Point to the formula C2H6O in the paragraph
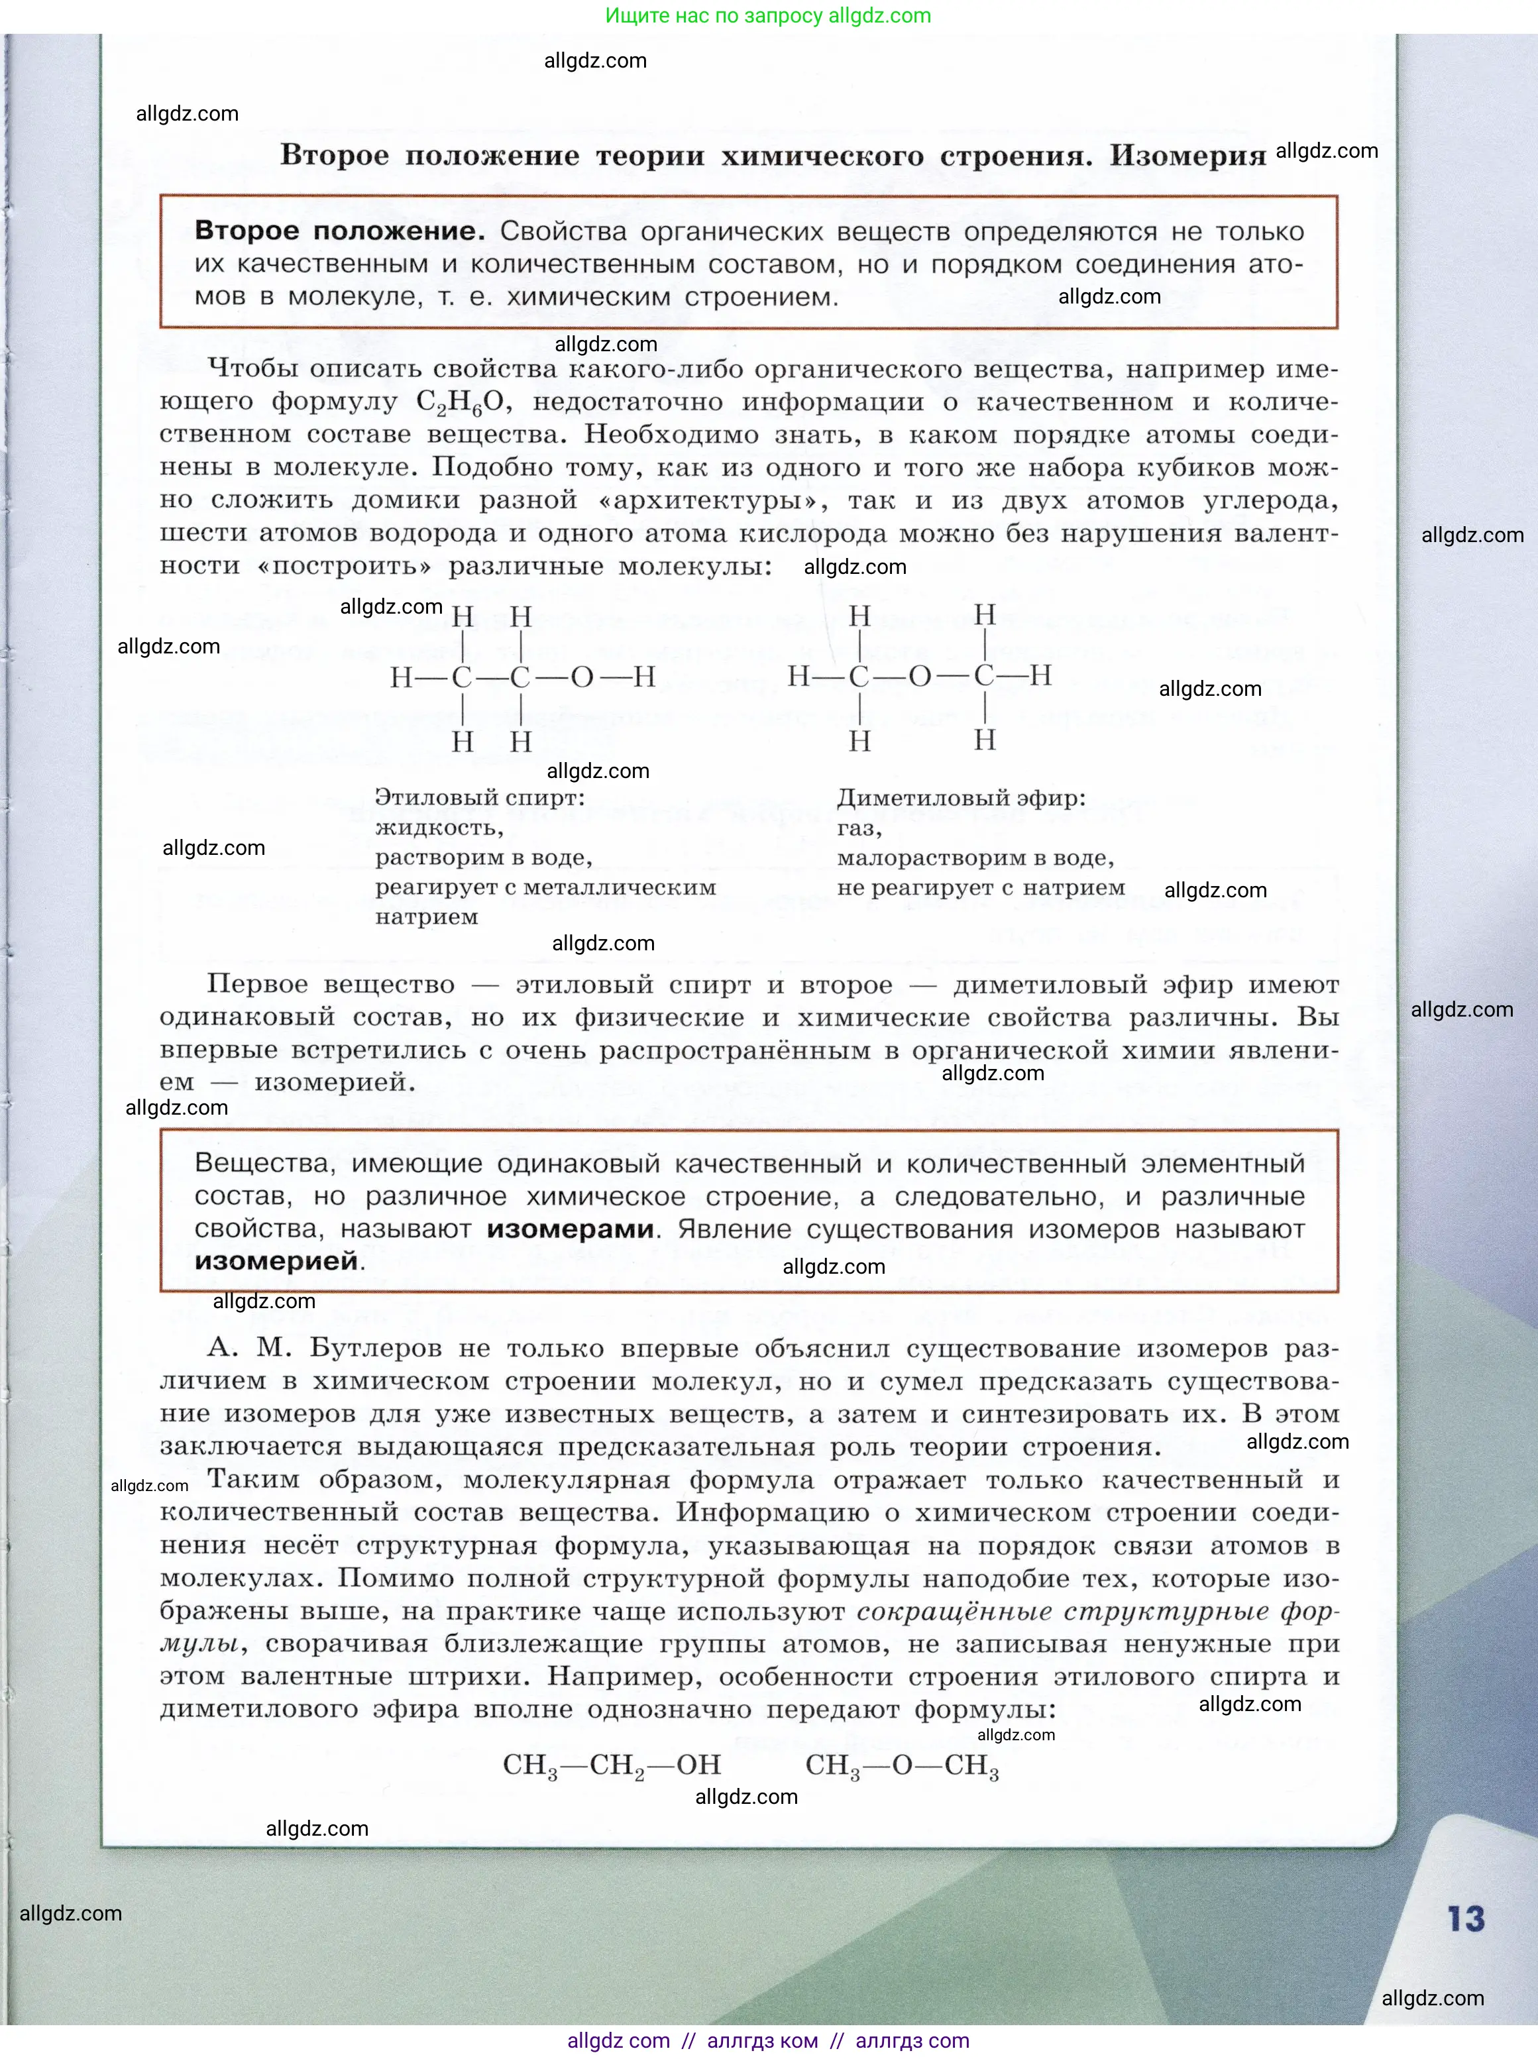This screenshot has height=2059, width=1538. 460,402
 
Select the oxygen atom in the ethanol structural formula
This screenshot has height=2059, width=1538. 582,677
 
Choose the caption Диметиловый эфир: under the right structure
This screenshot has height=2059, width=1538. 961,798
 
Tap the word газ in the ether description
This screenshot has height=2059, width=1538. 857,828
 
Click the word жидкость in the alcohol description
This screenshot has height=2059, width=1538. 437,828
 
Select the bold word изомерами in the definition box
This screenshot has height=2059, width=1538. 570,1229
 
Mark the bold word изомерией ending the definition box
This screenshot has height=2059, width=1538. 276,1261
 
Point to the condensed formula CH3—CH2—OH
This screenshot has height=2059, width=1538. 611,1765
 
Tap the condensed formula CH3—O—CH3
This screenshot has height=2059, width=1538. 901,1765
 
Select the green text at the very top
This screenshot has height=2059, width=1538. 768,16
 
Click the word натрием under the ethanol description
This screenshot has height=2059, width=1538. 426,917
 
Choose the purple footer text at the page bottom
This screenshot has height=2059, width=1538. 768,2041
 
